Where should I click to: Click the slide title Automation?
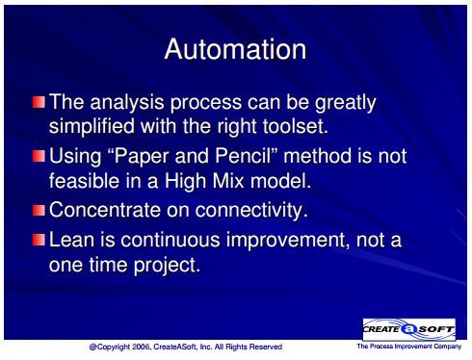pos(235,49)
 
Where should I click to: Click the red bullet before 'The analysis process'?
pos(39,102)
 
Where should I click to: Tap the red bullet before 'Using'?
pos(39,156)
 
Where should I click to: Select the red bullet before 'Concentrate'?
pos(39,210)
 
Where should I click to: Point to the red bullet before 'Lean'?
pos(39,240)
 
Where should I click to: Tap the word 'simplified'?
pos(92,126)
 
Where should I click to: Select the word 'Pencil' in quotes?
pos(248,156)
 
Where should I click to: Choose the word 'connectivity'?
pos(250,211)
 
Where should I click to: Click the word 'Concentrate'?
pos(105,210)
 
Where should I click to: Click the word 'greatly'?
pos(345,103)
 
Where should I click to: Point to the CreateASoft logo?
pos(409,329)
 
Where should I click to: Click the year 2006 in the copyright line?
pos(140,347)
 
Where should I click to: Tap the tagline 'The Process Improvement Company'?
pos(408,347)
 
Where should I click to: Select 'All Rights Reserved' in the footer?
pos(249,347)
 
